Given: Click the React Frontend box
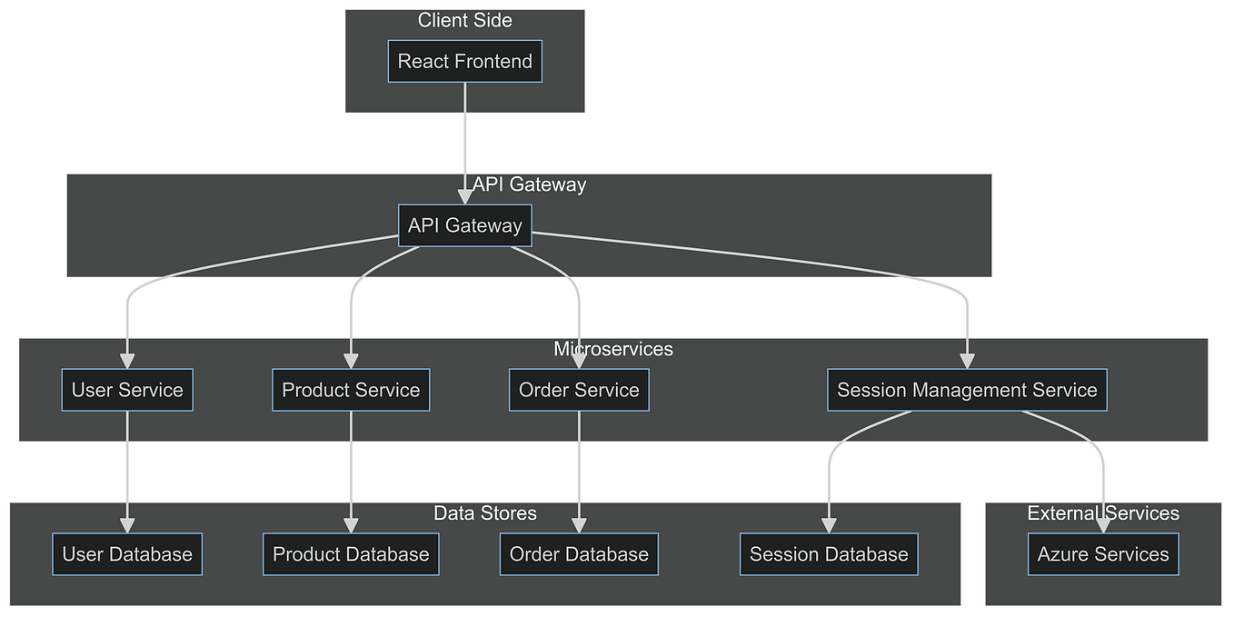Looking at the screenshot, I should [464, 61].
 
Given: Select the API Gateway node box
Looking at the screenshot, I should [464, 225].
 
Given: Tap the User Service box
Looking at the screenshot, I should [127, 390].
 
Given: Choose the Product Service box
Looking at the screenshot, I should [351, 390].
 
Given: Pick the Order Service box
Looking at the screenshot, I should [579, 390].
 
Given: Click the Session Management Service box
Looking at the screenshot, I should [967, 390].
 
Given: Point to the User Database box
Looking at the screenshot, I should [127, 554].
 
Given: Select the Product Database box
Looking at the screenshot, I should [351, 554].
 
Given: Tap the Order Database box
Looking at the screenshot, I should [579, 554].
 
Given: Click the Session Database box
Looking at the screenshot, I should [829, 554].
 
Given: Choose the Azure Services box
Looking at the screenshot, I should [1103, 554].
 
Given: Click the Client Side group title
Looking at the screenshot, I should [464, 20].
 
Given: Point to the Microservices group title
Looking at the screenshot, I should [613, 349].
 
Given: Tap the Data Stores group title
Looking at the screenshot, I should [485, 513].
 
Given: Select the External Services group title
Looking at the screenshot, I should [1103, 513].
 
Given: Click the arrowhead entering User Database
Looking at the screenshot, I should [127, 525].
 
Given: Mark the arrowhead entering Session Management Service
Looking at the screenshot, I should [967, 361].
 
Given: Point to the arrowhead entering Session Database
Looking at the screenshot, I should [829, 525].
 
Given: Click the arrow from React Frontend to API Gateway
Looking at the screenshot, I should [464, 136].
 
